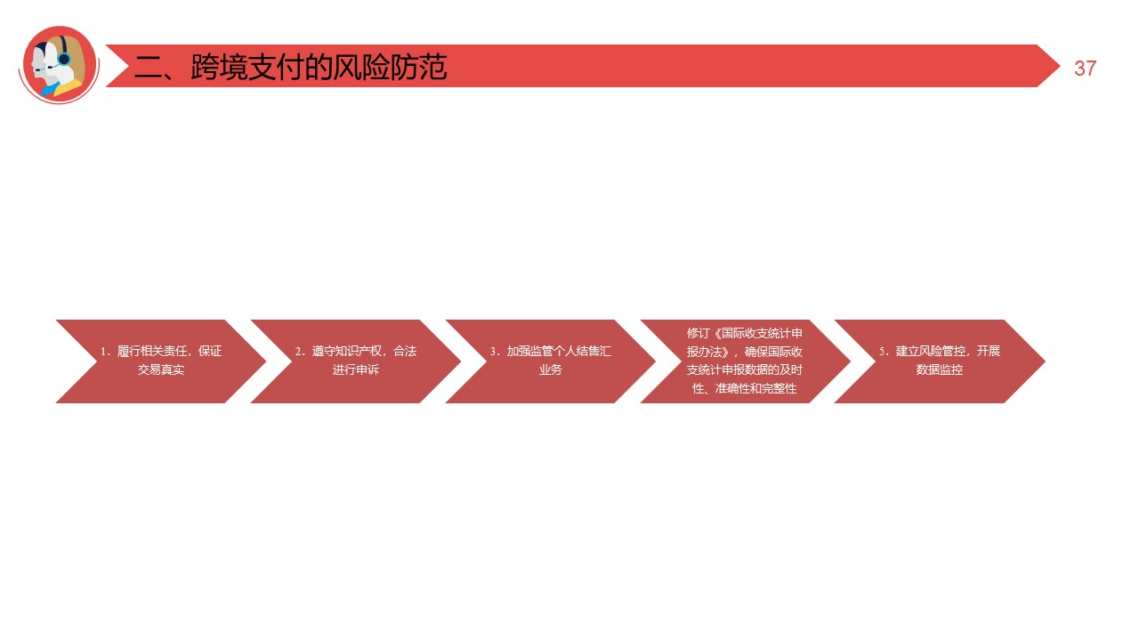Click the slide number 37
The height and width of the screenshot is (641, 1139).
1085,69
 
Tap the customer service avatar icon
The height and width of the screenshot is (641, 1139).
59,64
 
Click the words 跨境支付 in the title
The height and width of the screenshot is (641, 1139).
247,68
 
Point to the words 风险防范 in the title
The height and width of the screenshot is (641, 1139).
391,68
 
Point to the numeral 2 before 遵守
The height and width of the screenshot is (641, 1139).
298,352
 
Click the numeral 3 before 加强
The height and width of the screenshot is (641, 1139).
493,352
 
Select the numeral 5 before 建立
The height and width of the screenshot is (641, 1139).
882,352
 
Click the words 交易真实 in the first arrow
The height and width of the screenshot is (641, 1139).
161,369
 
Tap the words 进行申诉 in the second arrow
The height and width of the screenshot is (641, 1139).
356,369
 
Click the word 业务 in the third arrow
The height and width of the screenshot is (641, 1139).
551,369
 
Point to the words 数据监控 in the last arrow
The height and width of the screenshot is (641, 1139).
940,369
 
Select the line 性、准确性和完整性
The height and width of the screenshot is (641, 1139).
744,389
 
